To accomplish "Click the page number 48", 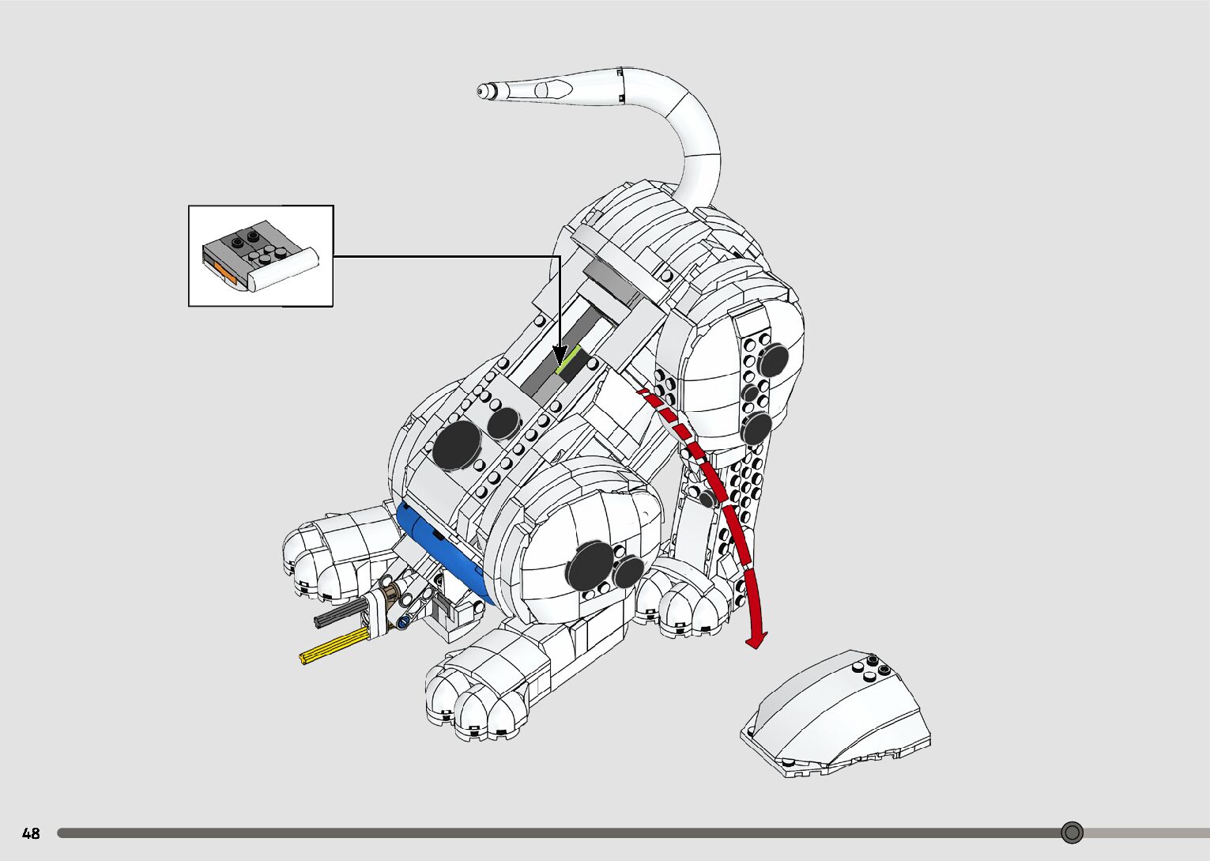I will tap(31, 833).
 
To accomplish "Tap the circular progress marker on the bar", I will tap(1072, 833).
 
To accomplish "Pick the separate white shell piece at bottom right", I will tap(838, 716).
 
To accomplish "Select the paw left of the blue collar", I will tap(332, 553).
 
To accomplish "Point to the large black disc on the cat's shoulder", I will tap(456, 444).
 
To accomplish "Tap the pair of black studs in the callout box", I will tap(246, 237).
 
